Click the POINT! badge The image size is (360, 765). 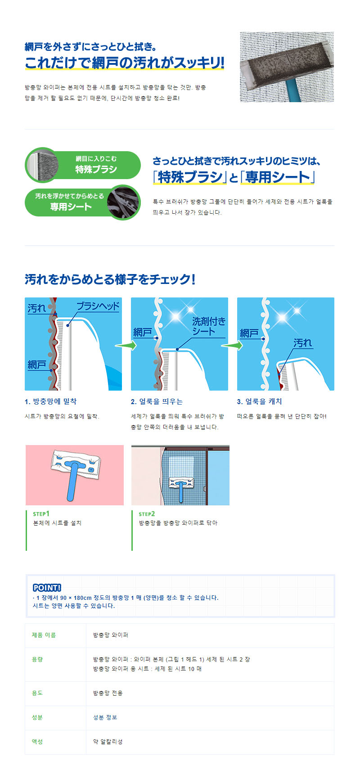[47, 587]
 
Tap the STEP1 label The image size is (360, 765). [41, 513]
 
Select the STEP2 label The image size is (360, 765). [147, 513]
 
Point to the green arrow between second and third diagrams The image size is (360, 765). [232, 345]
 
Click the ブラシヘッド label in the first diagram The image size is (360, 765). [98, 306]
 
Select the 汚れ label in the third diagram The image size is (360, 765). [302, 343]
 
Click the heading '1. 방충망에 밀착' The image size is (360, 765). [50, 401]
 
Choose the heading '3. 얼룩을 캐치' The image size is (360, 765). [259, 401]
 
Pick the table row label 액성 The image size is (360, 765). [37, 742]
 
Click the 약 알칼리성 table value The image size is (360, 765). [108, 742]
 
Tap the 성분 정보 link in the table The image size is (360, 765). [105, 717]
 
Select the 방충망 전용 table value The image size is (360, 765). [108, 693]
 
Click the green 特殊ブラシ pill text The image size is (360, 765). [96, 169]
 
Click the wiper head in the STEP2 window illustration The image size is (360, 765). [181, 482]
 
